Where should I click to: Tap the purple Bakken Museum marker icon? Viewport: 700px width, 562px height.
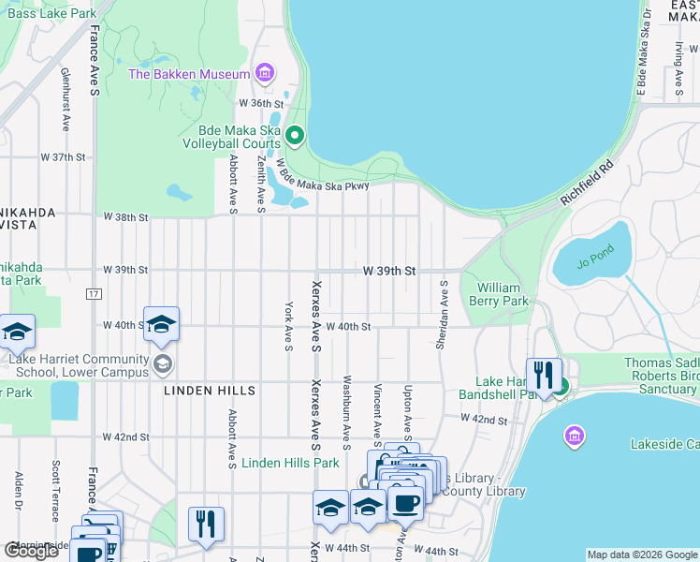pos(265,73)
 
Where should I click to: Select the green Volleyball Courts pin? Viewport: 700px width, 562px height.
pos(295,138)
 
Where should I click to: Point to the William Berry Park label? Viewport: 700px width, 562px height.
pos(502,294)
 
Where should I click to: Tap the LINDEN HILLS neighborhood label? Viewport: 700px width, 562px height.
pos(197,390)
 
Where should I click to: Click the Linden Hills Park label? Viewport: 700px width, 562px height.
pos(290,463)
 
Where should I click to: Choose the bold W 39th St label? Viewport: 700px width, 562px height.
pos(389,271)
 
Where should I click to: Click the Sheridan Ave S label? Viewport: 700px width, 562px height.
pos(440,318)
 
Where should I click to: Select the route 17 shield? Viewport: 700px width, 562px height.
pos(94,294)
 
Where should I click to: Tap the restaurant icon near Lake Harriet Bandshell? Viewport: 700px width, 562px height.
pos(542,376)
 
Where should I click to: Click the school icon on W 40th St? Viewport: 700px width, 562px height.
pos(161,324)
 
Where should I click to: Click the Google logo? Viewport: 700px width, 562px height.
pos(33,551)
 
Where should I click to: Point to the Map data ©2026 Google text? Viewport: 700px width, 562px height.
pos(641,555)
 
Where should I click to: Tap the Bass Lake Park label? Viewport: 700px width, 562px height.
pos(51,14)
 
